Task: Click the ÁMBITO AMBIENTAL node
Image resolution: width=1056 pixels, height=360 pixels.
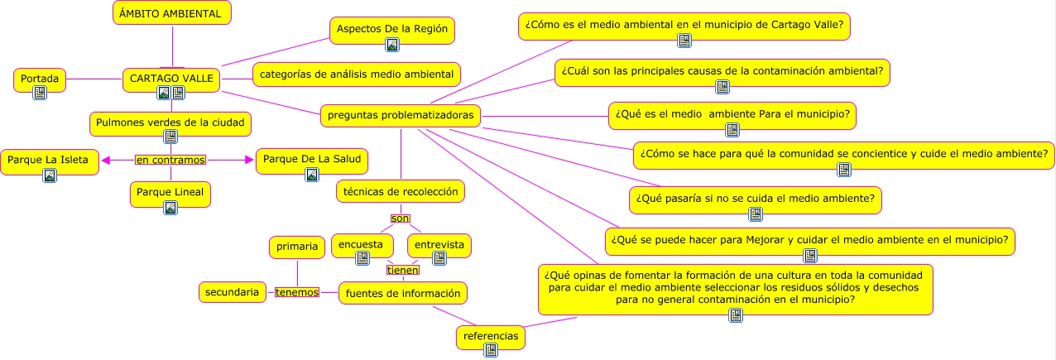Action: [171, 13]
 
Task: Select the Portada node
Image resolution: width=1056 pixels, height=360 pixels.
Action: [40, 79]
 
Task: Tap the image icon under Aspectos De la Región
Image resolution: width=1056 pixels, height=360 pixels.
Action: [392, 46]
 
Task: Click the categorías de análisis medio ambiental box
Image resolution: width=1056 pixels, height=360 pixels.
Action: [356, 74]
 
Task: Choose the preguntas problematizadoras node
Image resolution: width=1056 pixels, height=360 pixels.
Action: [401, 115]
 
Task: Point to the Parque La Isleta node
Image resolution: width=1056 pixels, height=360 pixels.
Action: [50, 158]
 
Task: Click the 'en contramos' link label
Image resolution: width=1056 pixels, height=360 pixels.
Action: [170, 159]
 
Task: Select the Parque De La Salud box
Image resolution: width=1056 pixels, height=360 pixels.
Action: [311, 158]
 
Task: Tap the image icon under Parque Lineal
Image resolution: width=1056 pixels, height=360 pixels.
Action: [170, 208]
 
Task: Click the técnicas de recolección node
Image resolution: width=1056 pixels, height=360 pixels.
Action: [401, 191]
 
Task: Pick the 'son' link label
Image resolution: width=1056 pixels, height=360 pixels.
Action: [401, 218]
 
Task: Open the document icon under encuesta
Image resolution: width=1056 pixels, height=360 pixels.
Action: [362, 258]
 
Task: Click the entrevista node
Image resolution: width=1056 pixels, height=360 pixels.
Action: [439, 245]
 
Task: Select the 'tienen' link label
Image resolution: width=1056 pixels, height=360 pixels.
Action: [403, 269]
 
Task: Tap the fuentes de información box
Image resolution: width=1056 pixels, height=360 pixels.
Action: [403, 292]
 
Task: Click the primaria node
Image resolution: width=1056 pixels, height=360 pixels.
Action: [297, 246]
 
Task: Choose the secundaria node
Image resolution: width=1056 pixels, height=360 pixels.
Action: [232, 291]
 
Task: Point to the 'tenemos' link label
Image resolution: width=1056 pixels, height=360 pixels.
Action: [296, 292]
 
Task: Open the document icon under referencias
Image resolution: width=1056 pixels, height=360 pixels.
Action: [491, 350]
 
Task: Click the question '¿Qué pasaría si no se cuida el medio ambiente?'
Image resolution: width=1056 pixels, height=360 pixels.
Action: [755, 199]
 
